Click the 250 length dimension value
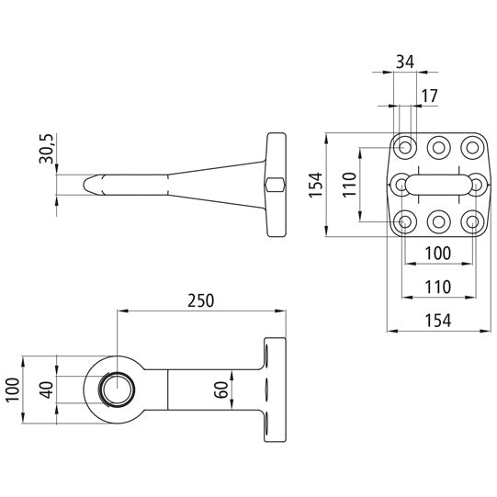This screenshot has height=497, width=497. coord(201,299)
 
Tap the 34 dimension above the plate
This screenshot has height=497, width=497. coord(404,62)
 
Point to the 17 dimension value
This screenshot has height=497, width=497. coord(428,96)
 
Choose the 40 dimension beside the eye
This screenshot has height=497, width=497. coord(46,390)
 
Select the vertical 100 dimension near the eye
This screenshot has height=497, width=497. coord(11,390)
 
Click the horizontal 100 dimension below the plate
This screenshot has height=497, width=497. coord(438,252)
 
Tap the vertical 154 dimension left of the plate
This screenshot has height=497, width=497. coord(315,186)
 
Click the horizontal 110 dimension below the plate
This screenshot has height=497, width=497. coord(438,286)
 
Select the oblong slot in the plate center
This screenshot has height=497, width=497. coord(438,185)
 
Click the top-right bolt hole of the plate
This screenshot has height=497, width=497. coord(472,146)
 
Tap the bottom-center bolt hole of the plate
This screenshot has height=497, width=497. coord(438,221)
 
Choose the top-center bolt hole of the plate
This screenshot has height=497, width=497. coord(438,146)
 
